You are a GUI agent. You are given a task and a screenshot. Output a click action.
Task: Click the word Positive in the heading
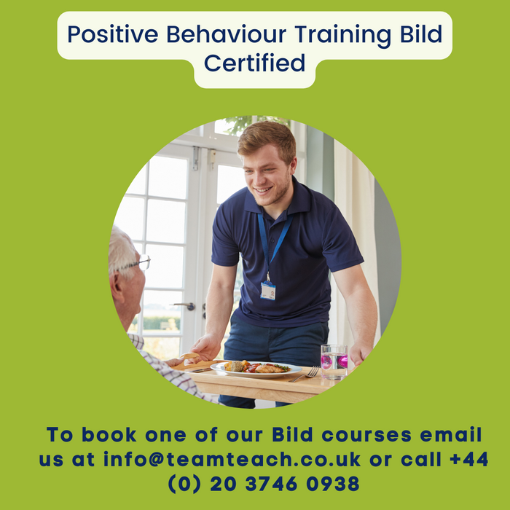point(112,34)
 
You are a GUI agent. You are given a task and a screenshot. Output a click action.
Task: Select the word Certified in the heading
point(255,63)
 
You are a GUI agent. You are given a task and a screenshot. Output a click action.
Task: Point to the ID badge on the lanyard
point(268,291)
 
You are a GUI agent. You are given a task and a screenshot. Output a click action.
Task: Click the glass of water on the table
point(334,362)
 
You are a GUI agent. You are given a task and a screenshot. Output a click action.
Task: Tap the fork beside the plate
point(305,374)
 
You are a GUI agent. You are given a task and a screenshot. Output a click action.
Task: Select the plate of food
point(256,369)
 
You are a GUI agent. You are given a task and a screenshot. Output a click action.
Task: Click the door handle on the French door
point(184,305)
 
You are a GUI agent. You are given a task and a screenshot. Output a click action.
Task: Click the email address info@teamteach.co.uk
point(232,459)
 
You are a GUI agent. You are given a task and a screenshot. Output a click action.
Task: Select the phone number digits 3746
point(271,483)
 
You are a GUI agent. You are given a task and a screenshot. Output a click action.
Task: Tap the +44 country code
point(468,459)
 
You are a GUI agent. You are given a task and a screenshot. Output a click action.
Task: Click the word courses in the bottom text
point(366,435)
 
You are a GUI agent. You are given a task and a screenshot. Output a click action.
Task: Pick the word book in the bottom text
point(109,434)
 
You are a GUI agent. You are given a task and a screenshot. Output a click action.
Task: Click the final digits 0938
point(333,483)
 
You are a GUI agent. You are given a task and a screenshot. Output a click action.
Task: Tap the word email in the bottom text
point(450,434)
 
